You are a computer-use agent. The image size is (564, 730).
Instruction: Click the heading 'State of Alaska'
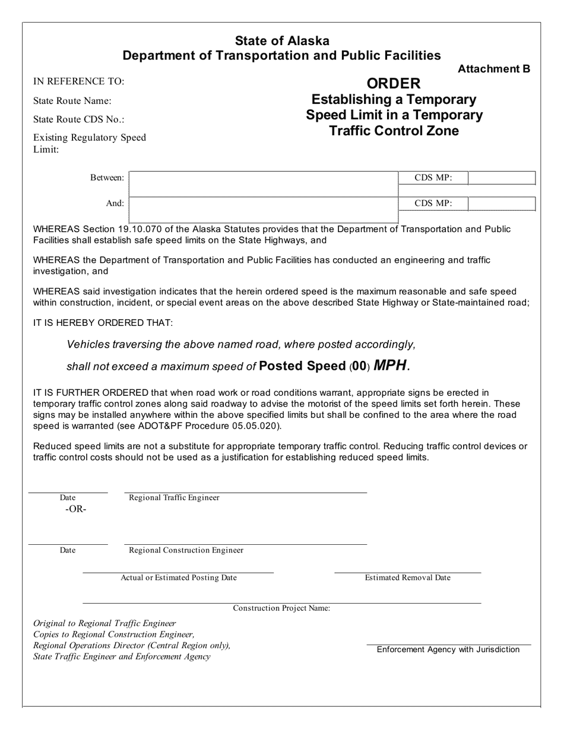[282, 41]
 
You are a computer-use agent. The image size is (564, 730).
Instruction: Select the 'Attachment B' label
[493, 69]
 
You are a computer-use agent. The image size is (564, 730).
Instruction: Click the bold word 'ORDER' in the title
[394, 84]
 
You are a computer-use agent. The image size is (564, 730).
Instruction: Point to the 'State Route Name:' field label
[72, 101]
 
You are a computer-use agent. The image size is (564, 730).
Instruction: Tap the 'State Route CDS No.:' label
[78, 119]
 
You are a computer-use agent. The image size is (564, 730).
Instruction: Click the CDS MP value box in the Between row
[502, 178]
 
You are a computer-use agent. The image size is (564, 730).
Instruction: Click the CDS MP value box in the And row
[502, 204]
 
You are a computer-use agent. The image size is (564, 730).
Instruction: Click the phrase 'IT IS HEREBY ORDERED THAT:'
[103, 322]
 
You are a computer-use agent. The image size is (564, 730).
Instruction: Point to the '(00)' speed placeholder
[359, 367]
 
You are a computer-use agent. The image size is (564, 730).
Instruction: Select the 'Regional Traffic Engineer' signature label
[174, 498]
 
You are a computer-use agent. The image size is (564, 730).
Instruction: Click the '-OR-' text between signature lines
[76, 509]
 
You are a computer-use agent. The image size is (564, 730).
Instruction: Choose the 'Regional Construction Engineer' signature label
[186, 550]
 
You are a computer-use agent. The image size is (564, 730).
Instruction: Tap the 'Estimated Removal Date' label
[407, 577]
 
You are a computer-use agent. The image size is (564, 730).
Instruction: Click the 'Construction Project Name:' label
[281, 608]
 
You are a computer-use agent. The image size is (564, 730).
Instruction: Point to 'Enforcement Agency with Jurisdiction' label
[448, 649]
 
